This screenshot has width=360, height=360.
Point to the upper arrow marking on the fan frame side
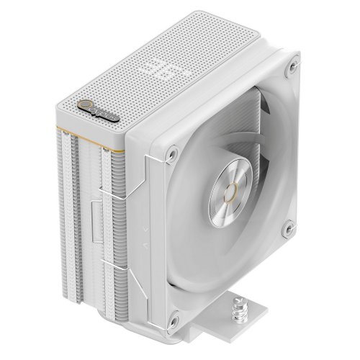148,230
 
